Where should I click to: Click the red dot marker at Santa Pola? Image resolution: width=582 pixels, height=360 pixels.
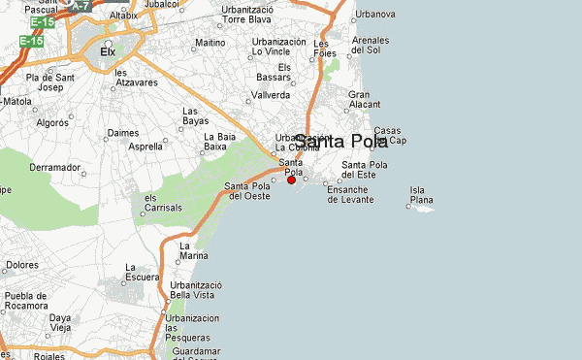point(292,180)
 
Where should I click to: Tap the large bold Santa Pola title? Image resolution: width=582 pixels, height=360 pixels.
point(340,142)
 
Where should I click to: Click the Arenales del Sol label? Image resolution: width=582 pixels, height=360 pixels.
point(371,45)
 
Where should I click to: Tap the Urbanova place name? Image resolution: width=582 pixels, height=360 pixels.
point(375,15)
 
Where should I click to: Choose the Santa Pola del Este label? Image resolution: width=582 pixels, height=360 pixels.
point(365,171)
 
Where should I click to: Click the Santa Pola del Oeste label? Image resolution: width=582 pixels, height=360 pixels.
point(247,191)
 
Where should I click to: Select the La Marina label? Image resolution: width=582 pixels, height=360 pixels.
point(194,251)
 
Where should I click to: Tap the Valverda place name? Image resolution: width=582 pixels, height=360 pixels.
point(271,95)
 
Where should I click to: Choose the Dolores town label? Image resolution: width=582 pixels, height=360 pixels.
point(22,264)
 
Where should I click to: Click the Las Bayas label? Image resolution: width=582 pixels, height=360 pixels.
point(195,115)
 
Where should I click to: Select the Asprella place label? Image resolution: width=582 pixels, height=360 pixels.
point(145,147)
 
